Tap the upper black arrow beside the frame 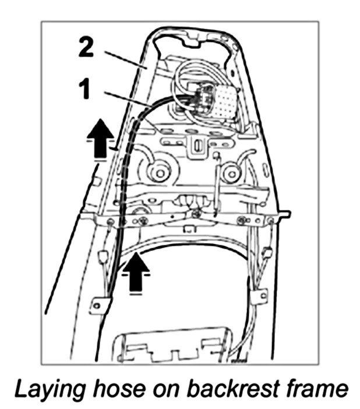tap(101, 138)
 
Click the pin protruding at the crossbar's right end tap(285, 214)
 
